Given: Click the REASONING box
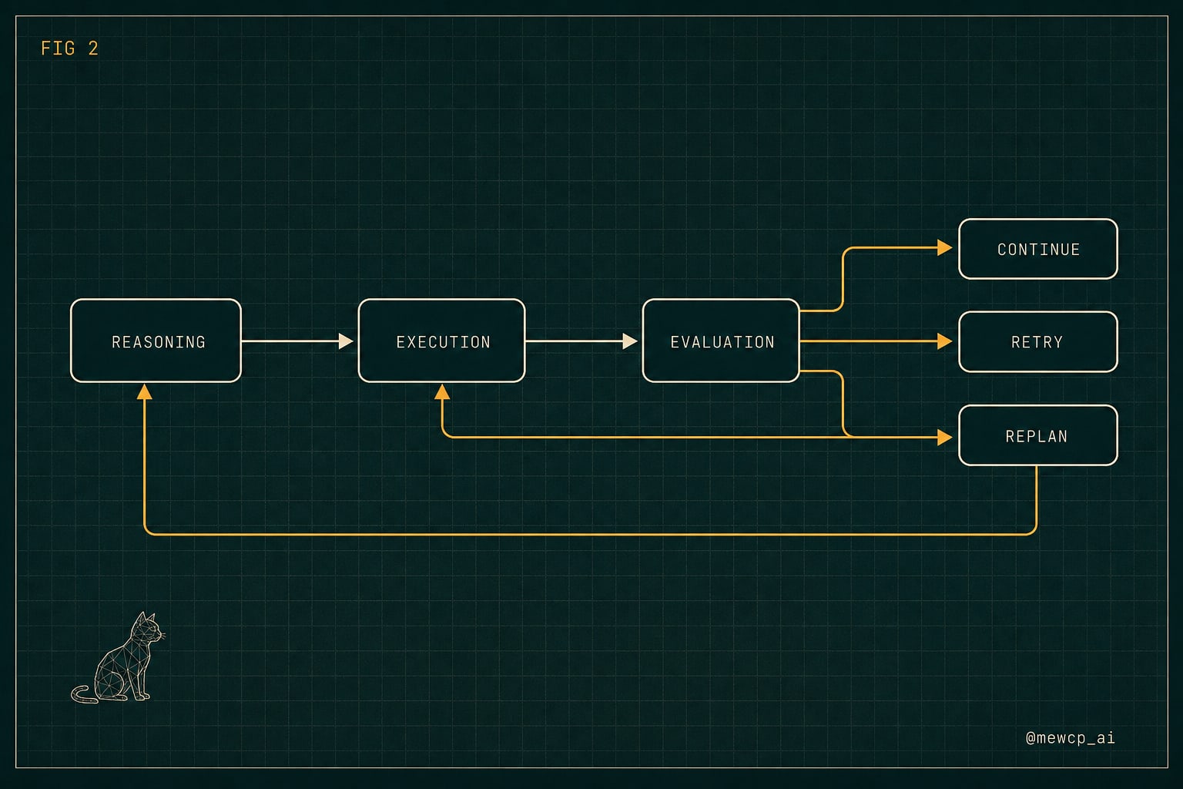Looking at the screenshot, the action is [156, 341].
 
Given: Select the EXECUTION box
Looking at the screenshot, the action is [441, 341].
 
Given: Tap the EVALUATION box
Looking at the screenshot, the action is [721, 341].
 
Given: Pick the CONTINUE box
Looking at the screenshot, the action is [1037, 249].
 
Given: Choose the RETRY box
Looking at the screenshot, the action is [1037, 342].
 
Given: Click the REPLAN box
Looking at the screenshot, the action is [1037, 435].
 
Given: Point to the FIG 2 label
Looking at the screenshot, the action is [69, 49].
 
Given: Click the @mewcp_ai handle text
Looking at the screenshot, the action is [1070, 737].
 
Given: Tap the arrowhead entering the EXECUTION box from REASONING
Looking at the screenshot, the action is [346, 341].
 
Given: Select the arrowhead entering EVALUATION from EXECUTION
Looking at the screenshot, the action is [630, 341].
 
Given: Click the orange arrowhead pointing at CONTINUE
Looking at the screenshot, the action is [945, 247].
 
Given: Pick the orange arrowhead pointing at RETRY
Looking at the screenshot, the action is [945, 341].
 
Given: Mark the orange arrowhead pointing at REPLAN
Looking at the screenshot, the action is [945, 437].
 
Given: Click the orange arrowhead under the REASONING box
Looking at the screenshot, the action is [144, 391].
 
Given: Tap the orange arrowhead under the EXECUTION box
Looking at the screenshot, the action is [442, 391].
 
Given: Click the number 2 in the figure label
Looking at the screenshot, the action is [93, 49].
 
